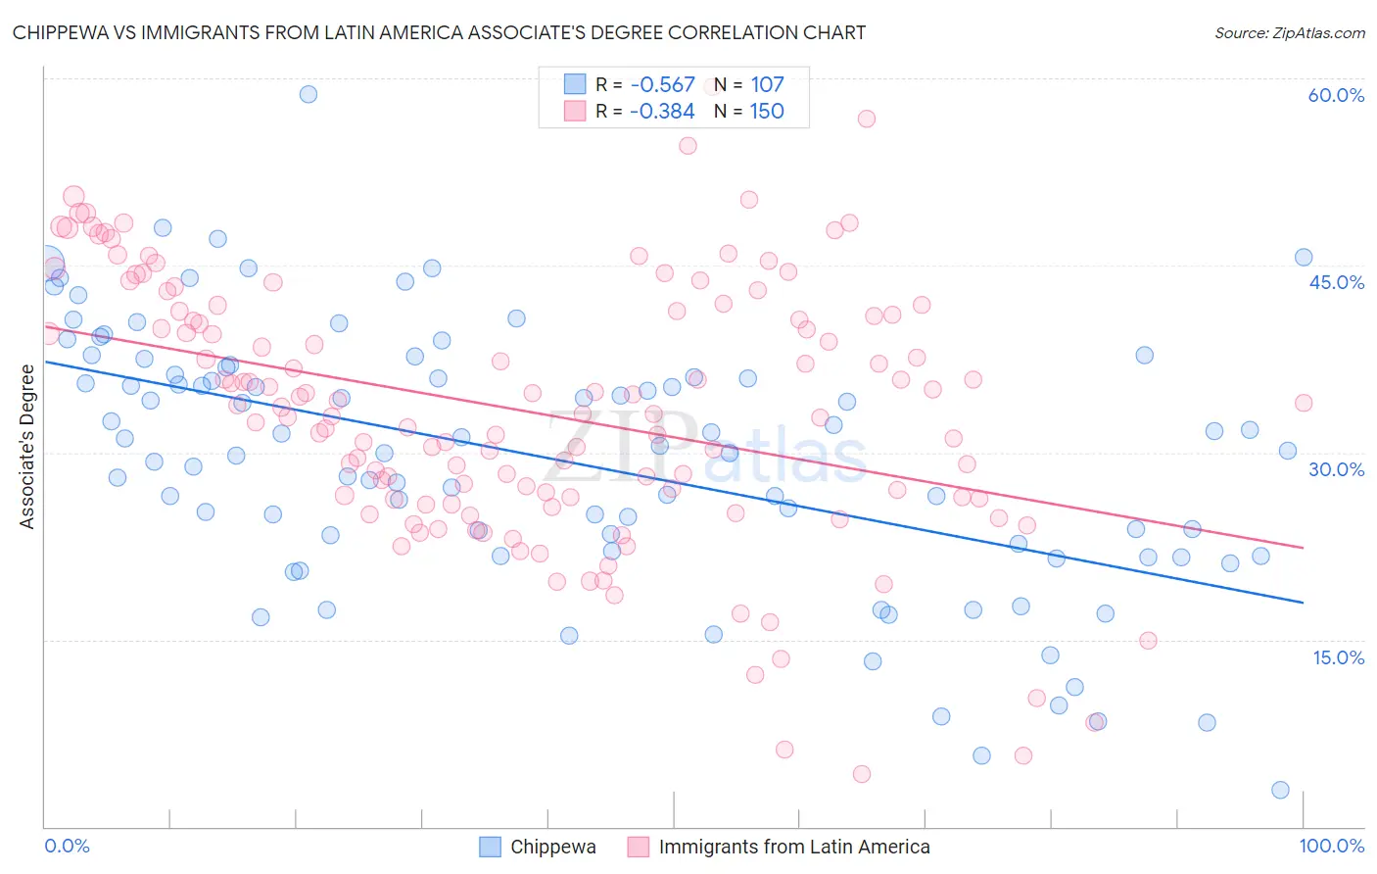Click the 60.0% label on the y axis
[1336, 95]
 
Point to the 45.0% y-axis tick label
[1336, 282]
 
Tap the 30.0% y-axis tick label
[1336, 469]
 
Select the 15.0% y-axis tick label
[1338, 657]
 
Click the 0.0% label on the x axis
[68, 846]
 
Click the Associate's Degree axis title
[26, 447]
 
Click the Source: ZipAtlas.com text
[1289, 32]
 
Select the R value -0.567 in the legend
[662, 85]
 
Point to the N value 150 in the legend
[767, 111]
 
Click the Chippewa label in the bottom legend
[552, 847]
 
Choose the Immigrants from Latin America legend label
[794, 847]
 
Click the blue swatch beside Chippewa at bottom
[490, 847]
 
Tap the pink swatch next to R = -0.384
[574, 111]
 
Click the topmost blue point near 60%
[309, 94]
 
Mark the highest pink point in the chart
[867, 119]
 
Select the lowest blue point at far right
[1280, 790]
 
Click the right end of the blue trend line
[1303, 602]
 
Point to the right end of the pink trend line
[1303, 548]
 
